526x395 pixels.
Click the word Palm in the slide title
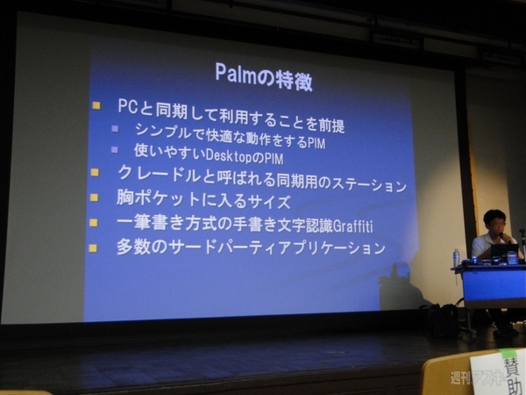[x=235, y=73]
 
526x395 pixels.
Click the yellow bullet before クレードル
[x=95, y=172]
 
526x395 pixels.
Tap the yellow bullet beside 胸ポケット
[x=94, y=197]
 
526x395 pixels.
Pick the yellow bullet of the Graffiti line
[x=93, y=222]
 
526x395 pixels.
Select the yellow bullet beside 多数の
[x=93, y=248]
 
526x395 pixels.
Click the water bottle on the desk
[x=456, y=257]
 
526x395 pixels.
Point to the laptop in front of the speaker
[x=503, y=251]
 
